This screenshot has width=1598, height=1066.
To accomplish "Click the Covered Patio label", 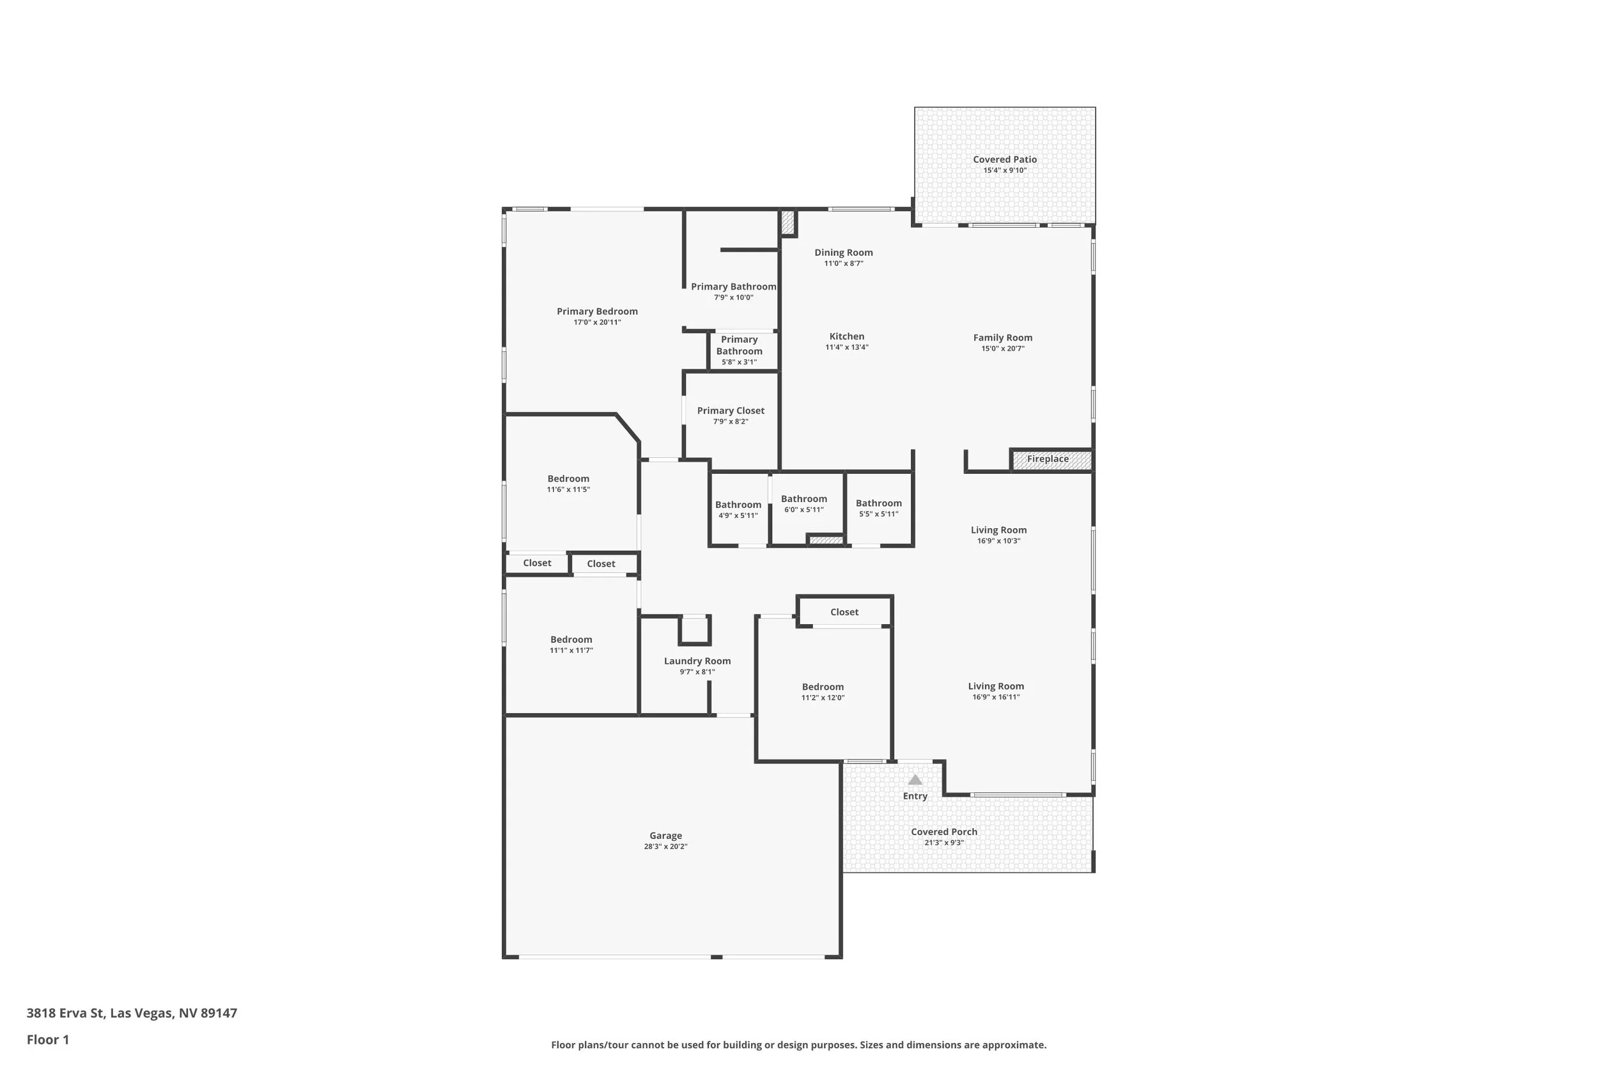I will (1004, 160).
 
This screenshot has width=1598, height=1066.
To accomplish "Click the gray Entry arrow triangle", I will (915, 780).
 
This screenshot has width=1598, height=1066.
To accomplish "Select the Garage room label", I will (665, 836).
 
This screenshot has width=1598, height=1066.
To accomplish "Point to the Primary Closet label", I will (731, 411).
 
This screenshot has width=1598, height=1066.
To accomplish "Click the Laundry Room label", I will (697, 661).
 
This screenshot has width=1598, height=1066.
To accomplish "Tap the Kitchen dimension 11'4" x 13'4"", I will (846, 347).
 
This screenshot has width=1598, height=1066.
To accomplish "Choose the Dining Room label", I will (843, 253).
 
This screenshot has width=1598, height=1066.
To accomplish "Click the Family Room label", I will (1002, 338).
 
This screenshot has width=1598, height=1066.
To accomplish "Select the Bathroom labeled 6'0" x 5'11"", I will (803, 499).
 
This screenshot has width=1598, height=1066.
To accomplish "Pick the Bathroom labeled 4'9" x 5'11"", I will (738, 505).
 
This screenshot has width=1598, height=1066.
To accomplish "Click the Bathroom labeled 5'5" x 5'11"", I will (878, 504).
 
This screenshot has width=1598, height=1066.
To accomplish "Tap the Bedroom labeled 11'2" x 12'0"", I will (823, 687).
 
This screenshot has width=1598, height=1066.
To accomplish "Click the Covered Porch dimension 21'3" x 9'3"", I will (943, 843).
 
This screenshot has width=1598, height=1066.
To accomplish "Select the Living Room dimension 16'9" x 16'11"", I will (995, 697).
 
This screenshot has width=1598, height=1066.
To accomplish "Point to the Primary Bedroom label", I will (597, 312).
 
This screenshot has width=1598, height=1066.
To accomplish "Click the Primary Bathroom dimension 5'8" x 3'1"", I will (738, 363).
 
